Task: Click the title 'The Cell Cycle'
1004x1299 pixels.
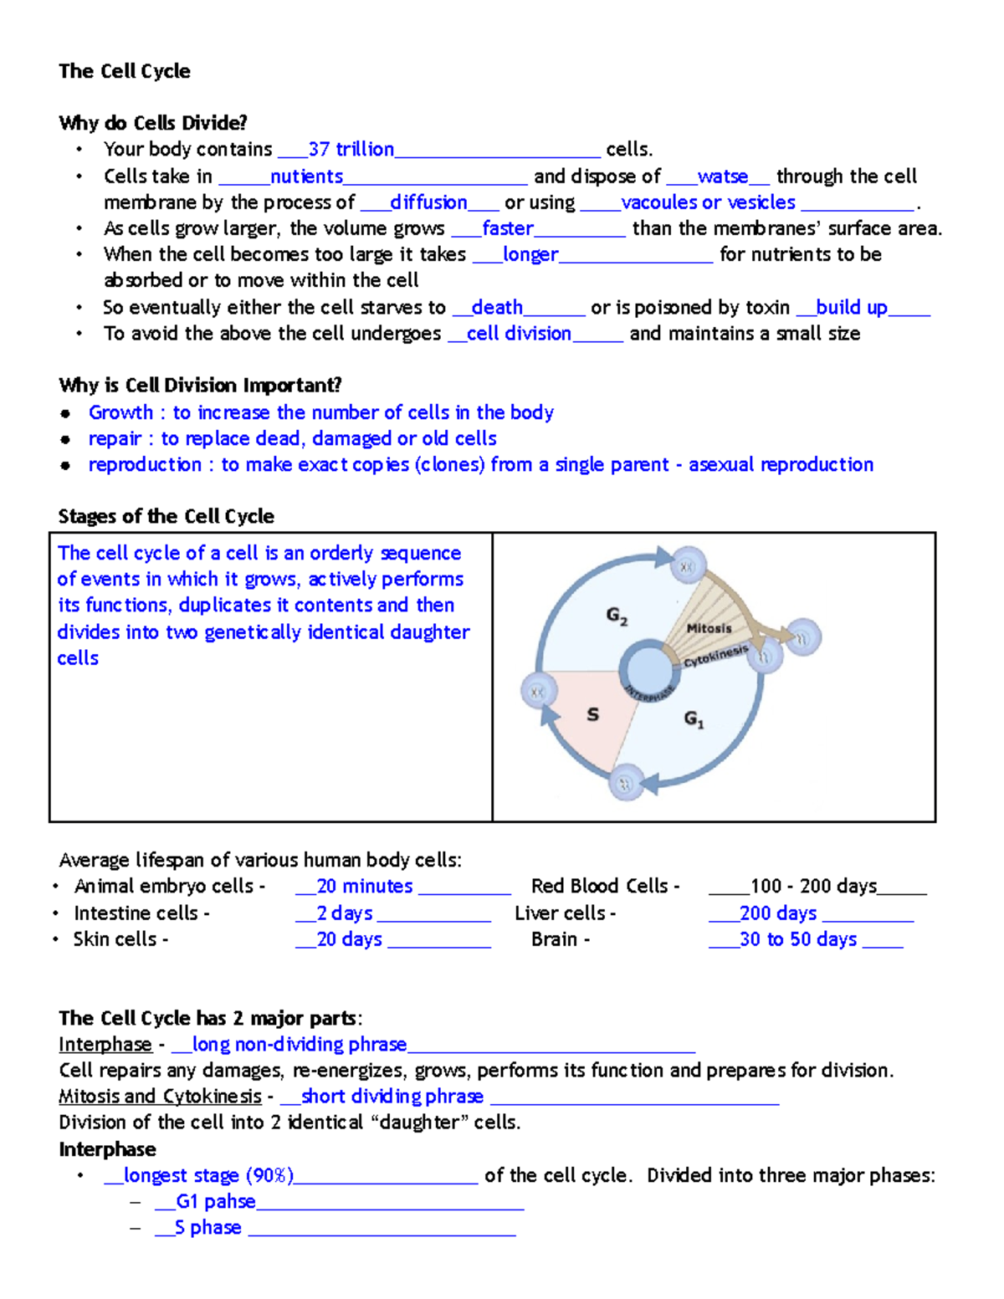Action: [124, 71]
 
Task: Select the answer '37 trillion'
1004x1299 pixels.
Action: [351, 150]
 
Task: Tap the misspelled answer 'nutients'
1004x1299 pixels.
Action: [306, 176]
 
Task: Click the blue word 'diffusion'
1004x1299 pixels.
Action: [428, 202]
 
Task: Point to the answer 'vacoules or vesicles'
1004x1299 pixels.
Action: [708, 202]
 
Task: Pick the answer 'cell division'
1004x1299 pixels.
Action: [519, 334]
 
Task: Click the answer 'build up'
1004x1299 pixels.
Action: [851, 308]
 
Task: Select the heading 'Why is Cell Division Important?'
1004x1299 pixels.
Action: [200, 386]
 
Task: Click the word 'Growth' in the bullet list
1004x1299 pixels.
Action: [120, 412]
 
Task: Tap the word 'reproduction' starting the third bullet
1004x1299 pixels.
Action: [145, 465]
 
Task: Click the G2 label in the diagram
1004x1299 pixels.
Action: [617, 616]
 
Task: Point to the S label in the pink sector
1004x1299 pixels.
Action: [592, 714]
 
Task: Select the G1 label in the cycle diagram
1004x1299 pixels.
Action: [694, 719]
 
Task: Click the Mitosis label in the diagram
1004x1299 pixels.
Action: [709, 628]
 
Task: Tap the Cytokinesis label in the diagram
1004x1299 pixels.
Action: [715, 657]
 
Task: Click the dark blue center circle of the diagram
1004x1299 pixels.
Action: [648, 671]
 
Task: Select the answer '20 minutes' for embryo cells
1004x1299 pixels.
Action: [365, 887]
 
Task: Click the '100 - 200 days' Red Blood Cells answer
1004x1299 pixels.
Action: [813, 887]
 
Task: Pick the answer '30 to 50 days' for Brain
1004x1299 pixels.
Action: [798, 939]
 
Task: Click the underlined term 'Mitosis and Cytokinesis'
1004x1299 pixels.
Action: [160, 1097]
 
